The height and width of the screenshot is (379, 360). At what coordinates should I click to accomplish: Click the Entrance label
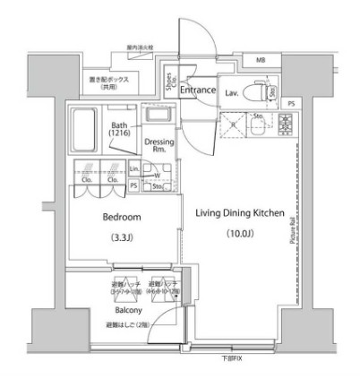tap(197, 90)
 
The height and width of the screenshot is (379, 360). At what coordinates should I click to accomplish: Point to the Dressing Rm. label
tap(159, 146)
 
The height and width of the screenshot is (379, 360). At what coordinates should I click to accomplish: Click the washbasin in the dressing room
tap(158, 116)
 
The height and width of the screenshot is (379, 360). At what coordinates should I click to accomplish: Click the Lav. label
tap(231, 91)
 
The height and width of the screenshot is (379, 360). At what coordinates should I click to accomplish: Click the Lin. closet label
tap(134, 168)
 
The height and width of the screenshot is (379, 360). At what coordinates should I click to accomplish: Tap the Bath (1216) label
tap(118, 129)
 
